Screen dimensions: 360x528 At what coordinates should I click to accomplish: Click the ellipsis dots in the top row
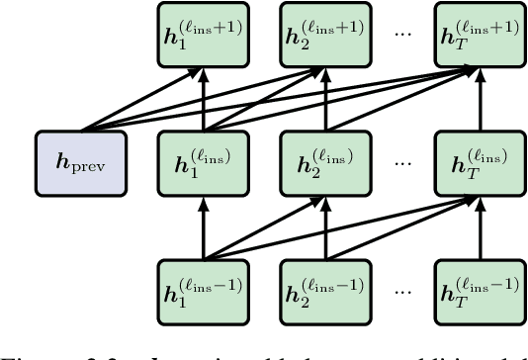tap(400, 32)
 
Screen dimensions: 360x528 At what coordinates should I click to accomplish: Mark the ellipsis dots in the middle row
tap(400, 157)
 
